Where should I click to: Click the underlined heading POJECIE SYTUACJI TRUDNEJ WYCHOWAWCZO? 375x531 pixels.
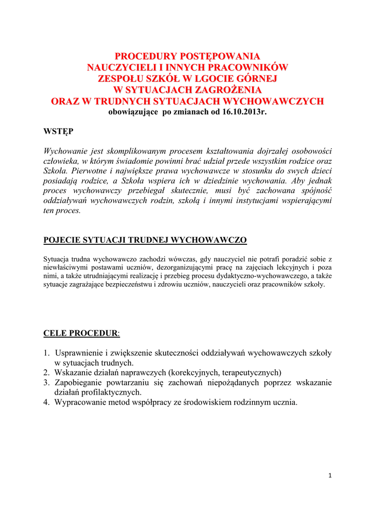click(x=145, y=240)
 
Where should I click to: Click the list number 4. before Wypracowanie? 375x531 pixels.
click(x=47, y=402)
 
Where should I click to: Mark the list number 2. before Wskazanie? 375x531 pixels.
click(x=47, y=373)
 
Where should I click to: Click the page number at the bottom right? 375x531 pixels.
click(x=330, y=477)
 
